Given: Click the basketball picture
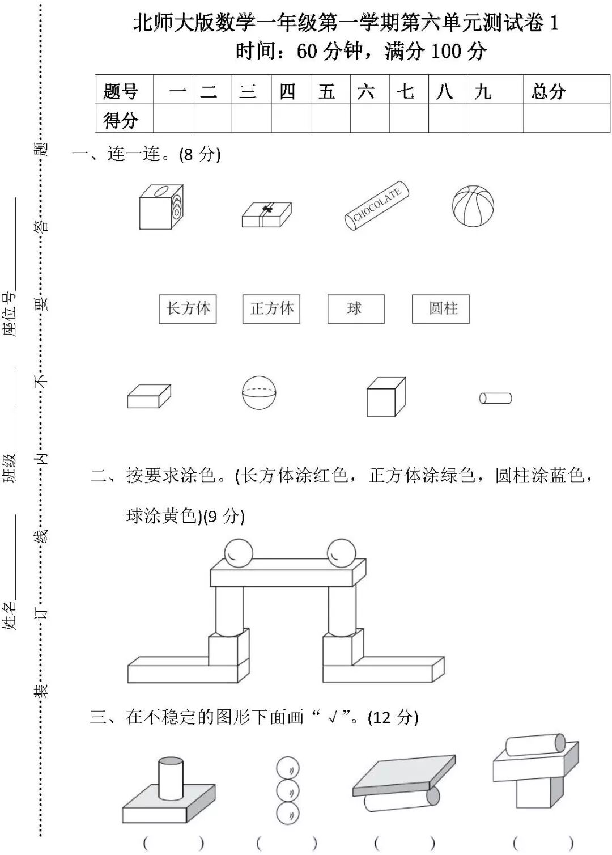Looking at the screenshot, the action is [473, 206].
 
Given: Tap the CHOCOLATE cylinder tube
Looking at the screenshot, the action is [377, 206].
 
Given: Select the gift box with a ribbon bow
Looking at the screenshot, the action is [266, 215].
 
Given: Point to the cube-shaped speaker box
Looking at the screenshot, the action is [161, 207].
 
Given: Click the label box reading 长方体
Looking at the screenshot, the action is [188, 309].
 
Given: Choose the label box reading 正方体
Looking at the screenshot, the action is [271, 309].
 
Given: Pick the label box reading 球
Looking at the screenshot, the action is [356, 309].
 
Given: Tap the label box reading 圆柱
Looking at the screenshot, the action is [441, 309].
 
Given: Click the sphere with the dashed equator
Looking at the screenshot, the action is [259, 392].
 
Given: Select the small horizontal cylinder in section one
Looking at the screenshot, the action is [495, 399].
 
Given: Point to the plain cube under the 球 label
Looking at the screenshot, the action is [386, 397].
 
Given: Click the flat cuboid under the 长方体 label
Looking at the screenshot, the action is [149, 396].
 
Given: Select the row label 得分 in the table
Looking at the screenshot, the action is [121, 120].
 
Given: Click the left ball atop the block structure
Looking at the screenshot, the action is [238, 552].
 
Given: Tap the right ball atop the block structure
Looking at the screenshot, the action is [341, 552].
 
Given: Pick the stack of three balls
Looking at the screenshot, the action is [288, 791].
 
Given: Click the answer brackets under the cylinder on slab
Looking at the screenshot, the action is [173, 843].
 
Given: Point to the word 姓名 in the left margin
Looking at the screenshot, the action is [10, 616].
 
